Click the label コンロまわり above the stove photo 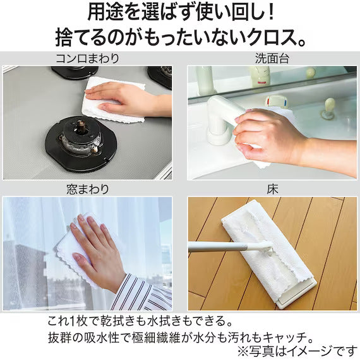click(x=88, y=59)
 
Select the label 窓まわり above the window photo click(x=88, y=189)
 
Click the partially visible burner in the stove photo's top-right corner click(x=161, y=76)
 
